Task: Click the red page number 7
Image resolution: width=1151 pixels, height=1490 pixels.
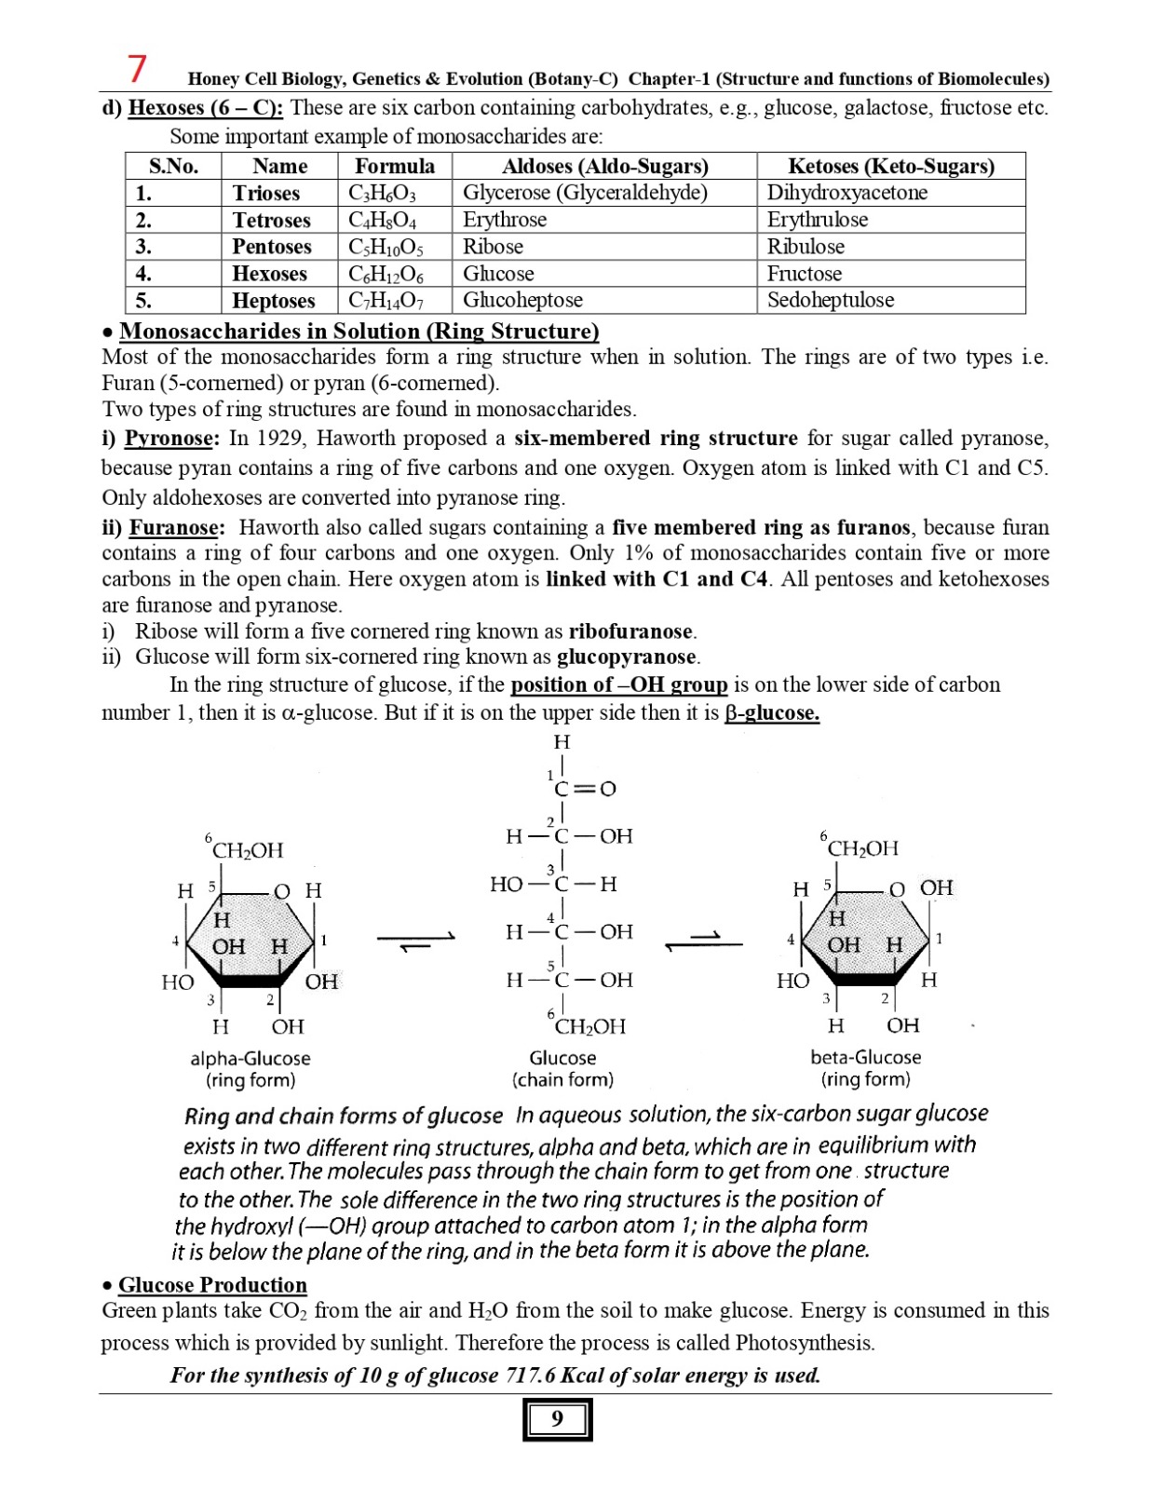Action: pos(137,69)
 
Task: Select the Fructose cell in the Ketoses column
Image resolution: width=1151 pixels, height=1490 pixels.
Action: pos(804,274)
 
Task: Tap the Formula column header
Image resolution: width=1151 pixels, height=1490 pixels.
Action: pos(394,167)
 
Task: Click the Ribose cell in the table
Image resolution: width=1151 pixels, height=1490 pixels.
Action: pos(493,247)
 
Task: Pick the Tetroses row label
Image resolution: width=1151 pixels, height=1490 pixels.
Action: pos(271,221)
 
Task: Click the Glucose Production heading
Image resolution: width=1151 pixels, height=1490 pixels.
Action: pos(212,1285)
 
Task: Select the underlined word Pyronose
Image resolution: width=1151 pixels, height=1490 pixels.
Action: pos(169,439)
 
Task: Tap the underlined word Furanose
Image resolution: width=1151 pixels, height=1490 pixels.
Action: pos(174,528)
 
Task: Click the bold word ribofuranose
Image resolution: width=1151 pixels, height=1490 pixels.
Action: pos(631,631)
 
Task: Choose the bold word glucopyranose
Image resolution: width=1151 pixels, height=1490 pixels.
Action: pos(627,657)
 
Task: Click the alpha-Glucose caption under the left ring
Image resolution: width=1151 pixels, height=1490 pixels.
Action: pos(250,1059)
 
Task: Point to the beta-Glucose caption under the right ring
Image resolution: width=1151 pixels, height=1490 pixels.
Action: pos(865,1058)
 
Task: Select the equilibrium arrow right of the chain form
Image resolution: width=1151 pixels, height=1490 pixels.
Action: pos(704,941)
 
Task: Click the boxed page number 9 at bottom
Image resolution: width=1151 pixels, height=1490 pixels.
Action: pos(557,1419)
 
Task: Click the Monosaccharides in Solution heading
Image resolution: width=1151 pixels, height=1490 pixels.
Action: pos(359,332)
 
